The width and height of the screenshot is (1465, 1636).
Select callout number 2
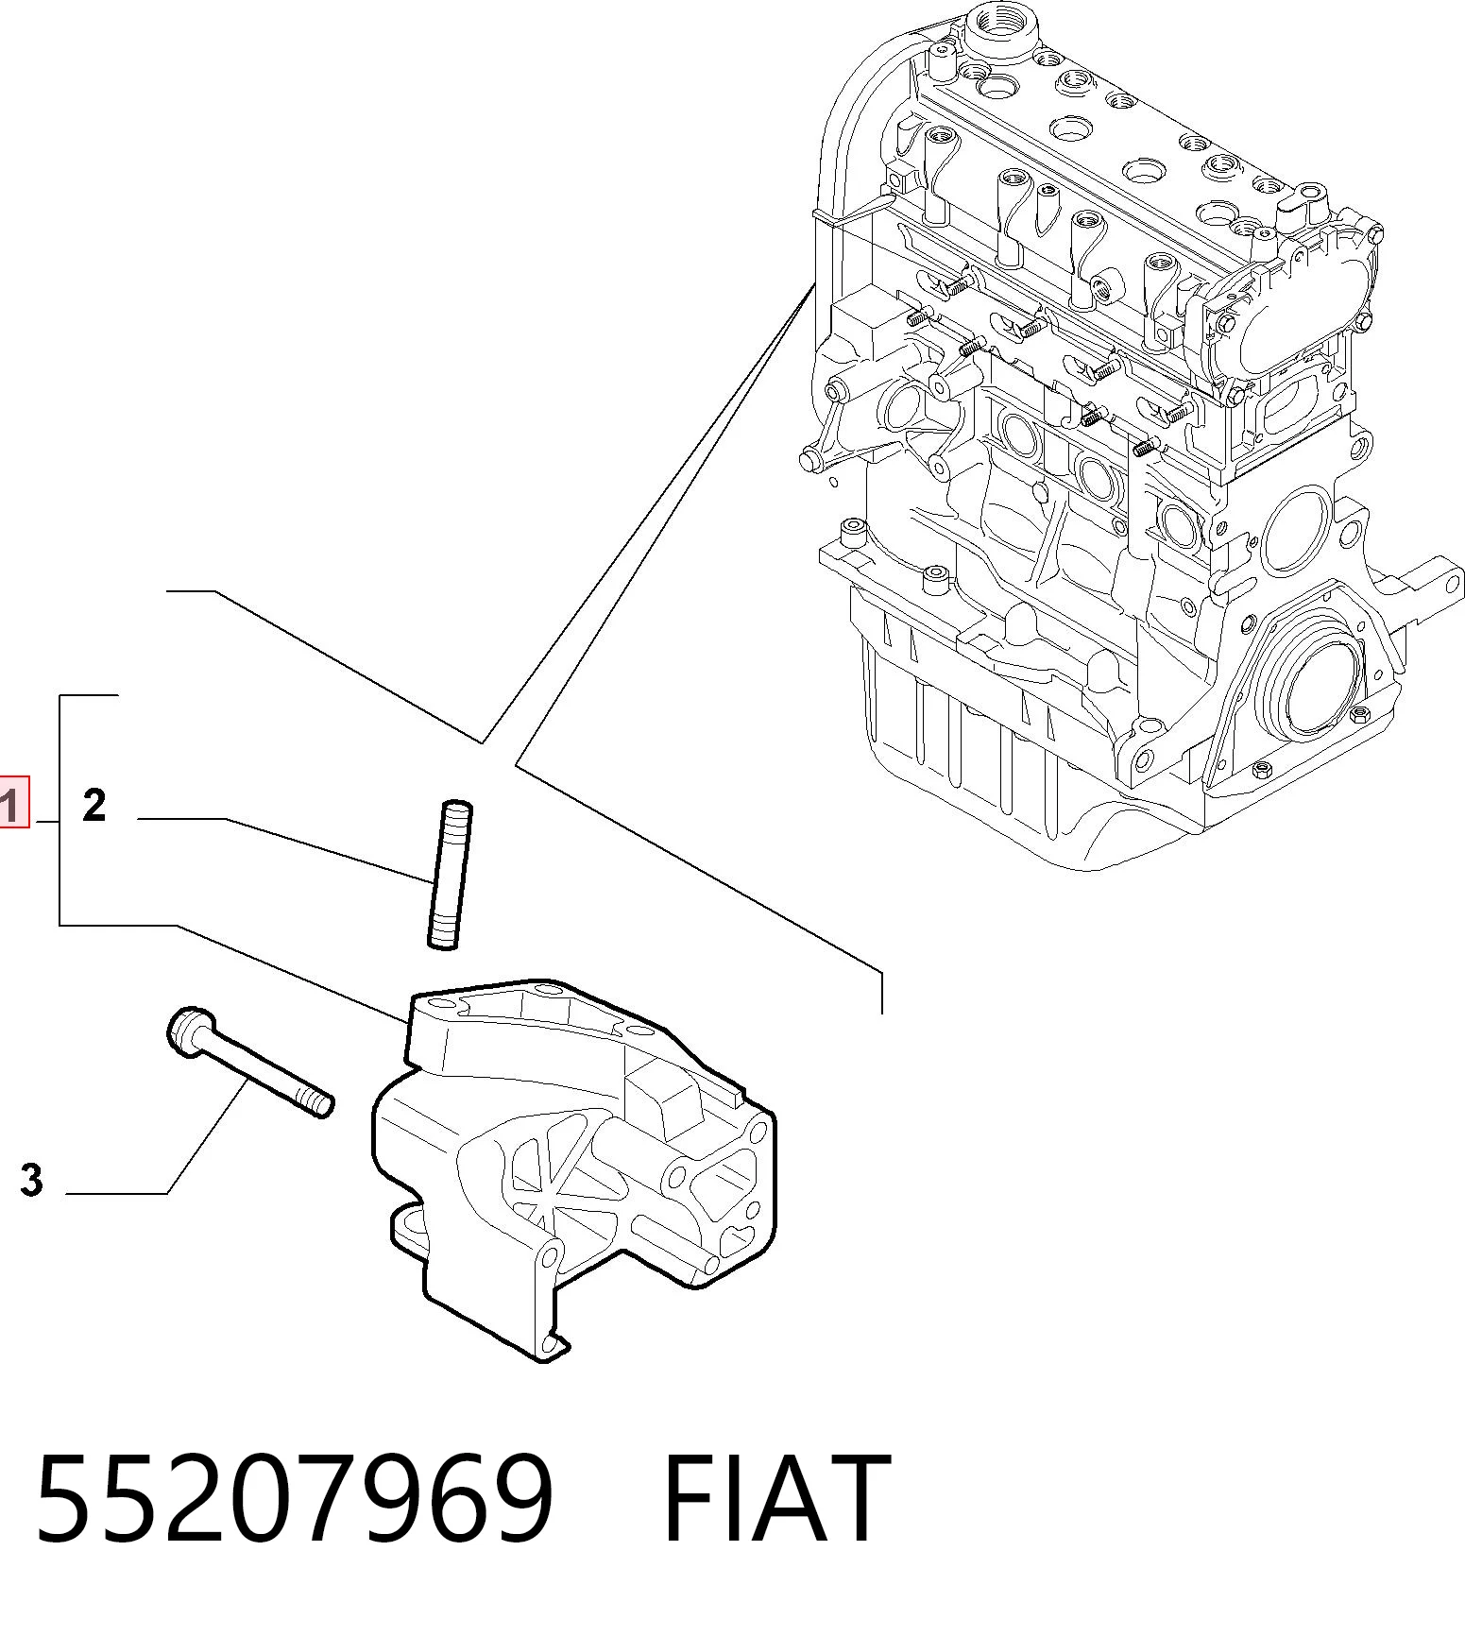point(94,806)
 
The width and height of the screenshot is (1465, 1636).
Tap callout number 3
point(32,1180)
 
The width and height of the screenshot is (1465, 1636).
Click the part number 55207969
point(294,1499)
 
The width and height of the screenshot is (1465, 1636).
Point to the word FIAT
point(775,1499)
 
